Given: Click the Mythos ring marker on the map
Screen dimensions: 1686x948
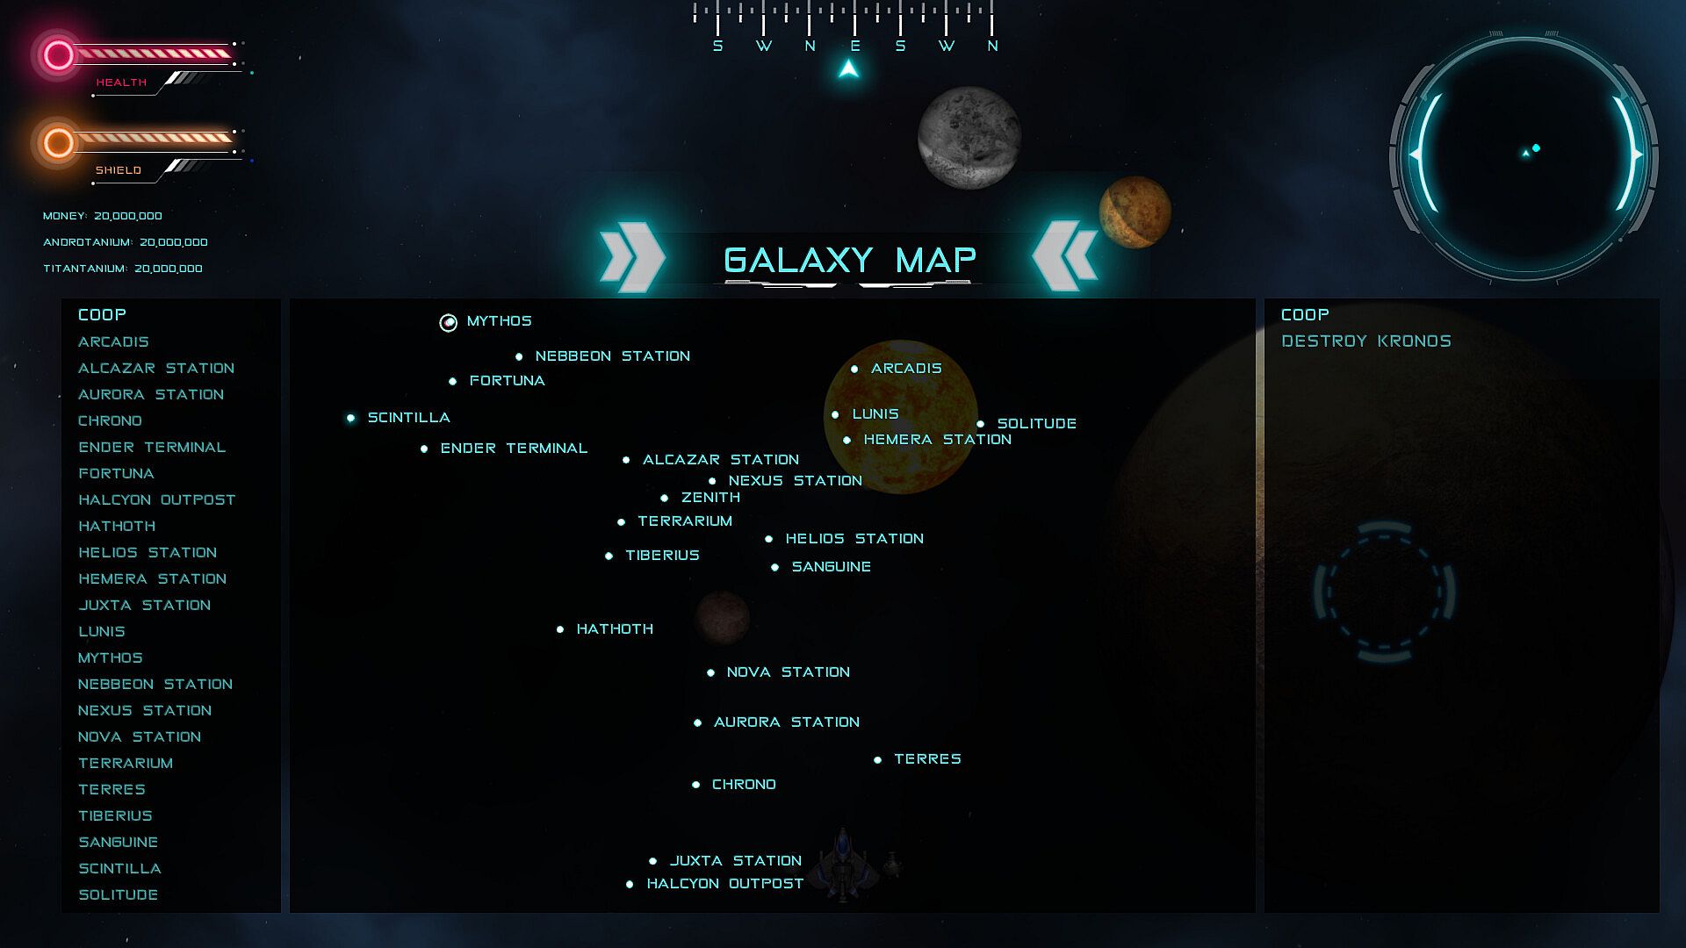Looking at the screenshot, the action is [x=448, y=323].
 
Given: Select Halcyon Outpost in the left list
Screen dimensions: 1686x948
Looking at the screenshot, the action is [x=157, y=499].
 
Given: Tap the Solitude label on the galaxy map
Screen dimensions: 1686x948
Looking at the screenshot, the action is [x=1037, y=423].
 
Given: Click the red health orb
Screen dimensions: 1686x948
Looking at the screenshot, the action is [x=59, y=55].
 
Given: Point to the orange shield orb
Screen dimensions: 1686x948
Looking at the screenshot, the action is [x=59, y=142].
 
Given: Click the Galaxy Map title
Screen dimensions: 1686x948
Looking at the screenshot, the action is [x=850, y=260].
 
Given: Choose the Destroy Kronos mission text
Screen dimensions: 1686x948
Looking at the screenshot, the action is [x=1366, y=341].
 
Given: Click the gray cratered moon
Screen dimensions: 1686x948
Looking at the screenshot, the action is [x=969, y=137].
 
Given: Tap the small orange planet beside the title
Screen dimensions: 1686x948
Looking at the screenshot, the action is [x=1135, y=212].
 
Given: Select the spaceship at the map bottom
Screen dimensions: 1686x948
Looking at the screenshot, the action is [x=843, y=865].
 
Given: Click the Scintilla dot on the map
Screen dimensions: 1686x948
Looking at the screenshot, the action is [x=350, y=418].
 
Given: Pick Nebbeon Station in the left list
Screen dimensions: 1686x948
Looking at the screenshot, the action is [x=155, y=684].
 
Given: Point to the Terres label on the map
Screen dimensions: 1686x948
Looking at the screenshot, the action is [x=927, y=758].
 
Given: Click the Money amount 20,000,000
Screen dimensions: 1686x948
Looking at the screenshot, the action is [x=128, y=216].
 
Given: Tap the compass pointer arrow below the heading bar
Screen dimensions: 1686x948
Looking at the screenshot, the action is [x=848, y=68].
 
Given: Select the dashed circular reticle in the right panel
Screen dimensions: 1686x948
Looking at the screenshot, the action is [x=1384, y=592].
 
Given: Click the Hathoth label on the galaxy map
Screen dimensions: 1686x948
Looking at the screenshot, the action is [x=615, y=628].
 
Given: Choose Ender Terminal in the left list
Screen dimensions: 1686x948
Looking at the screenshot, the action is [x=152, y=447].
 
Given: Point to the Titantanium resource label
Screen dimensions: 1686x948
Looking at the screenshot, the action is [x=85, y=269].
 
